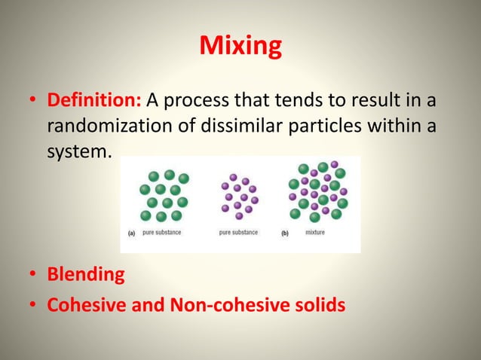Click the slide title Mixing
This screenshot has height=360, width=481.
[x=240, y=47]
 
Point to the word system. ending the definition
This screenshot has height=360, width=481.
[x=79, y=151]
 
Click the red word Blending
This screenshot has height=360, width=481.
[x=86, y=274]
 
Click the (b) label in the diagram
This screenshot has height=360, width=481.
[x=285, y=233]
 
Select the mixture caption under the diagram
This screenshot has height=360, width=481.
[x=315, y=233]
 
